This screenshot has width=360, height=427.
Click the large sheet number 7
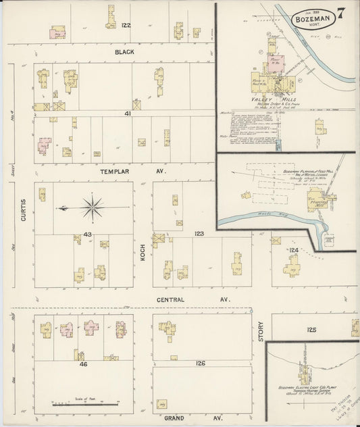coord(343,14)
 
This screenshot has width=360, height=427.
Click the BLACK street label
coord(124,51)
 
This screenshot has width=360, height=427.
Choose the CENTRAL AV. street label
coord(192,298)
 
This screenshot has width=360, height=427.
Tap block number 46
coord(83,363)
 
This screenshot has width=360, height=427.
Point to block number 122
coord(126,25)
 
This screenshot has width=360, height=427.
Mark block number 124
coord(293,250)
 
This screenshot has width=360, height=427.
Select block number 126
coord(201,363)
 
